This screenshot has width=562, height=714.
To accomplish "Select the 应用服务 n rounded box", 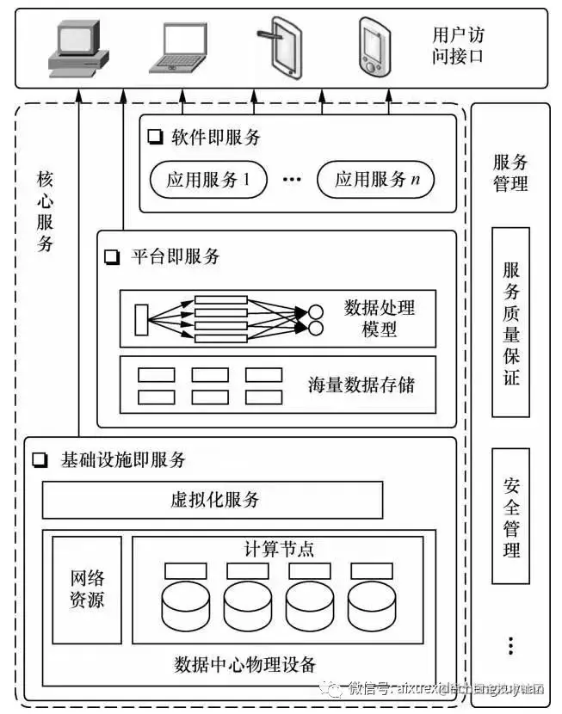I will pyautogui.click(x=375, y=180).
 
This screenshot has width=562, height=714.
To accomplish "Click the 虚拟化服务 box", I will pyautogui.click(x=213, y=500).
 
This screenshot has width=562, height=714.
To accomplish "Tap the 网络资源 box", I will pyautogui.click(x=87, y=589).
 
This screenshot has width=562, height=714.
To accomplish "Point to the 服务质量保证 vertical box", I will pyautogui.click(x=511, y=322).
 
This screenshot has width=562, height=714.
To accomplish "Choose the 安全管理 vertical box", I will pyautogui.click(x=511, y=515).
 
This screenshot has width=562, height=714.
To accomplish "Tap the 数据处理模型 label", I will pyautogui.click(x=380, y=317).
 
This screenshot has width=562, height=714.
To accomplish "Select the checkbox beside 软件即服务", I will pyautogui.click(x=155, y=136).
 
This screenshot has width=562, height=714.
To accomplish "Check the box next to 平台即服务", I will pyautogui.click(x=111, y=256).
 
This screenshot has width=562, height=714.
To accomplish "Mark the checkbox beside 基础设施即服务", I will pyautogui.click(x=40, y=460).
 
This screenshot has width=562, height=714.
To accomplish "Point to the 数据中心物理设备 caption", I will pyautogui.click(x=245, y=665).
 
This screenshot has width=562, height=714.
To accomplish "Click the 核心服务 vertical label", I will pyautogui.click(x=46, y=211).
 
